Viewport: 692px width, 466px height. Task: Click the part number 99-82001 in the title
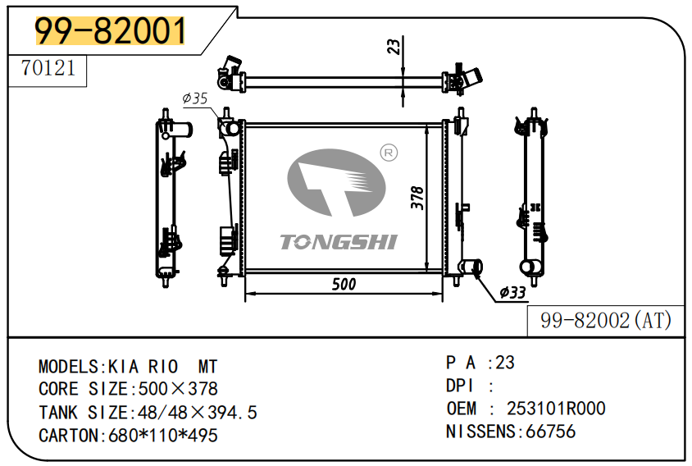click(x=110, y=31)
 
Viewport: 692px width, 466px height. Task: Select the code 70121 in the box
click(x=48, y=68)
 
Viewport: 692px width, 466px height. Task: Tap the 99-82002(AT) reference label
click(x=605, y=321)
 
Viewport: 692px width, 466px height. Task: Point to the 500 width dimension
click(x=344, y=284)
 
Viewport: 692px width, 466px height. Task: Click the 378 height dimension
click(x=417, y=199)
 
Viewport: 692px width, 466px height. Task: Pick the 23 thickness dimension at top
click(x=393, y=46)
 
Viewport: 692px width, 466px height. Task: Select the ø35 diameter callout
click(x=196, y=98)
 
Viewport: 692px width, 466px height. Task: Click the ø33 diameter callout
click(x=512, y=292)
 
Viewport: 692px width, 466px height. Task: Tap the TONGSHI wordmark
click(x=338, y=242)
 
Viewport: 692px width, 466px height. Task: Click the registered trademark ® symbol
click(x=389, y=153)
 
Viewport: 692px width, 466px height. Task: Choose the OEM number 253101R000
click(x=556, y=409)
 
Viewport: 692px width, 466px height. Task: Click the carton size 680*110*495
click(x=163, y=436)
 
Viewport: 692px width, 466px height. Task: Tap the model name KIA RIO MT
click(x=163, y=366)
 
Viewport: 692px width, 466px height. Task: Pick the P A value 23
click(x=505, y=363)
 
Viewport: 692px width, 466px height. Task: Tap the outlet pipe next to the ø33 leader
click(x=471, y=267)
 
